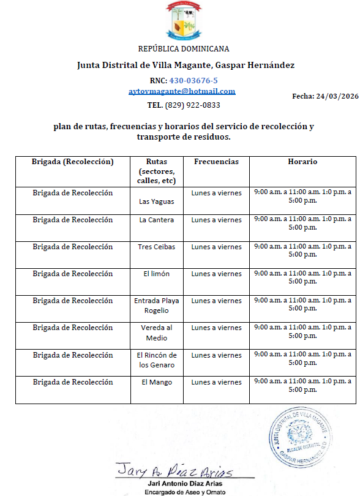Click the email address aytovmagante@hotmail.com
tap(182, 91)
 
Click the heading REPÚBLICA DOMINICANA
tap(184, 48)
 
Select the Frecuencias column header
tap(216, 162)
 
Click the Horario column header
tap(302, 162)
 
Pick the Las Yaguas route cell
tap(157, 201)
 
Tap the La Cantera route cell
tap(157, 220)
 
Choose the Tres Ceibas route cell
tap(157, 247)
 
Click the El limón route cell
tap(157, 274)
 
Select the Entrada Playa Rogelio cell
tap(157, 306)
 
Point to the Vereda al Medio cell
tap(157, 333)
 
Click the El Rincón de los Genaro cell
tap(157, 360)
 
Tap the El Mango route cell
tap(157, 382)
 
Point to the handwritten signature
tap(175, 472)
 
